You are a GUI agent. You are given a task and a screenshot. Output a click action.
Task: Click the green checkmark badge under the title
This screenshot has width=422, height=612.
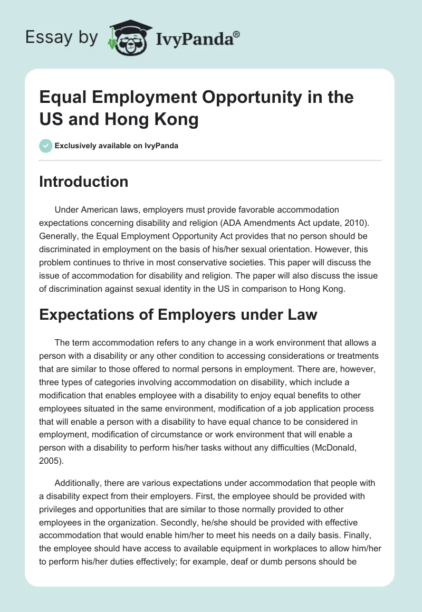46,146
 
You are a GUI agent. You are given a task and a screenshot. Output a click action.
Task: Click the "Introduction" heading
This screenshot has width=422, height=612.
84,181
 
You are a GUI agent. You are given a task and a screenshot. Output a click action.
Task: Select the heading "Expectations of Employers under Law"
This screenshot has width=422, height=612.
178,314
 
